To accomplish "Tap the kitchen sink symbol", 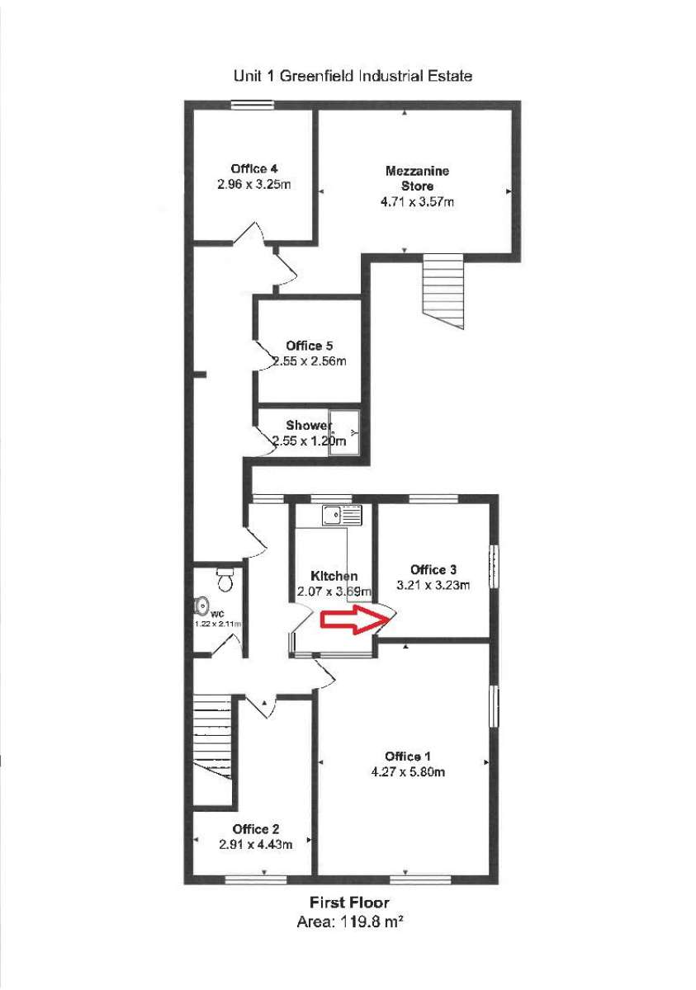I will coord(341,516).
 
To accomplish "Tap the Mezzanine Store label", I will coord(417,178).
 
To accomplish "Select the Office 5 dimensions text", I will coord(310,361).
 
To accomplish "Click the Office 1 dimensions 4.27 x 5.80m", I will coord(408,772).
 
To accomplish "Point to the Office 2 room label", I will coord(255,829).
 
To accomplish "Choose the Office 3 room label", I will coord(433,569).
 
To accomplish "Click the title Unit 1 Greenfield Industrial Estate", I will coord(353,76).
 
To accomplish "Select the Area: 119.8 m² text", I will coord(349,922).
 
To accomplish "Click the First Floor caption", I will coord(349,903).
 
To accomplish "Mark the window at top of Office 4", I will coord(252,104).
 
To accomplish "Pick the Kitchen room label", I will coord(334,575).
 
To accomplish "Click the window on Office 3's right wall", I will coord(494,566).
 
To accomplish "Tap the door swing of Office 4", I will coord(249,232).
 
